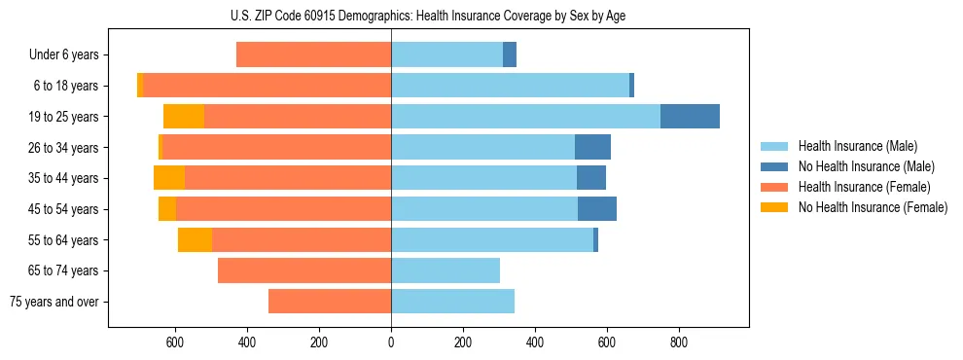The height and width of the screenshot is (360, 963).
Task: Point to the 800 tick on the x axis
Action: click(x=679, y=342)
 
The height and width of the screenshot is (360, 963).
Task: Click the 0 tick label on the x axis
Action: click(x=391, y=342)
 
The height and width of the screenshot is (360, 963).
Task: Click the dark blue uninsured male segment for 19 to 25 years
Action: click(x=690, y=116)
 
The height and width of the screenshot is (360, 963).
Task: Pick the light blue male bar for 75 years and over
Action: click(x=452, y=301)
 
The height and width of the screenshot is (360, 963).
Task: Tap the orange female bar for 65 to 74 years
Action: click(x=304, y=270)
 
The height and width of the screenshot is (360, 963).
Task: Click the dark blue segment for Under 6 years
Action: click(x=510, y=54)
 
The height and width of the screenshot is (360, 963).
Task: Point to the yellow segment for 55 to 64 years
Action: click(x=195, y=239)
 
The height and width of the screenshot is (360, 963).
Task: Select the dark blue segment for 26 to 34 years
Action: click(x=592, y=147)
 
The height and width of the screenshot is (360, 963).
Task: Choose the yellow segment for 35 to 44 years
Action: click(x=169, y=178)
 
